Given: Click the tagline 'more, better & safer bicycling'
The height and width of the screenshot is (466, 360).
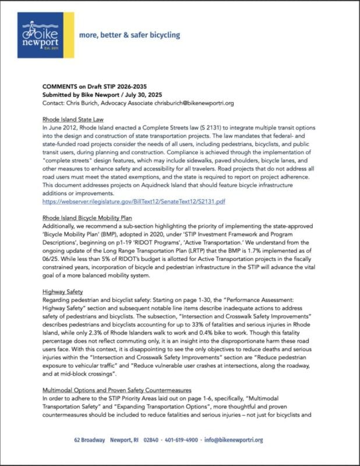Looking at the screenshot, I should pyautogui.click(x=129, y=35).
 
